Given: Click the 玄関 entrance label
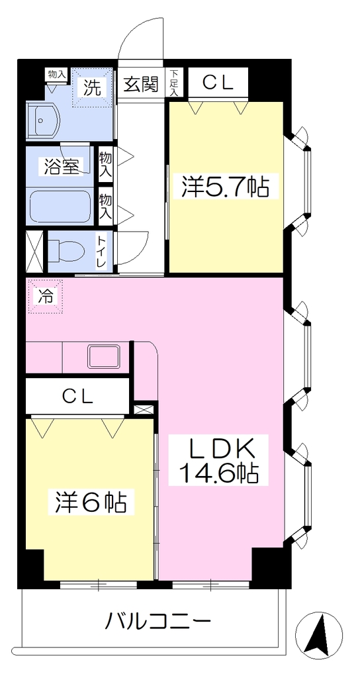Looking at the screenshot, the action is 141,84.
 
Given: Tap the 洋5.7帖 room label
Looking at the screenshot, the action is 225,187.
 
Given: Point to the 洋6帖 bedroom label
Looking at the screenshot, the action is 91,503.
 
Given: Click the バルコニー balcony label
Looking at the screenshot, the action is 159,622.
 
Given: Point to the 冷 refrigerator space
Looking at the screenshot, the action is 45,296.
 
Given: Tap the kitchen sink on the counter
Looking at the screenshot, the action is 104,357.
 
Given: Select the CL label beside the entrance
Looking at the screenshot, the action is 218,83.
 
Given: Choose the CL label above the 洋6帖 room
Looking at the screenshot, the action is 77,395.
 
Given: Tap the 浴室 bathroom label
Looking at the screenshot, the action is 63,167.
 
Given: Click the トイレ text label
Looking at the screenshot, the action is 103,252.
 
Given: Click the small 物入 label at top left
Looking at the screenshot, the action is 57,74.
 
